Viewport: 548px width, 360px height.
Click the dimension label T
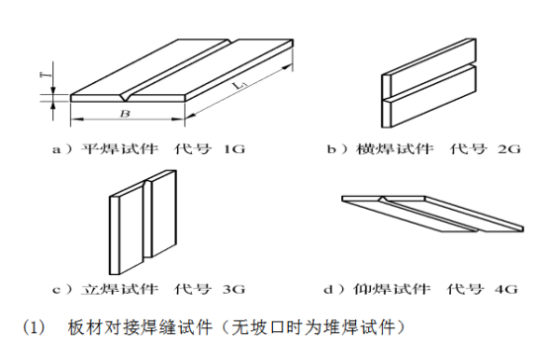(x=46, y=74)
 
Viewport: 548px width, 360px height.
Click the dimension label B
(x=125, y=114)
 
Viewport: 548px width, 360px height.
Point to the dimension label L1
(x=240, y=85)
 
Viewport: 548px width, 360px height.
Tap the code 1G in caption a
(x=233, y=149)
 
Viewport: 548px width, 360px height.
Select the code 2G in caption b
(x=509, y=149)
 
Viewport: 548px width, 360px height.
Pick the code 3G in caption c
(x=233, y=289)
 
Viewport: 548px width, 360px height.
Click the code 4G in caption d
(x=506, y=289)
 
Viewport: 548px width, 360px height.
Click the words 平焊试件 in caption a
(x=119, y=149)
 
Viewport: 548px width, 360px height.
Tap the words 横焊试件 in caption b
(x=395, y=149)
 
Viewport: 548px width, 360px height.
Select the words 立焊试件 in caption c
(x=119, y=289)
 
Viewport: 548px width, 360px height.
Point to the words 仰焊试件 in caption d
(x=392, y=289)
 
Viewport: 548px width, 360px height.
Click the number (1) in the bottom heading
(x=34, y=327)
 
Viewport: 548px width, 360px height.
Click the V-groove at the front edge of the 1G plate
(x=125, y=98)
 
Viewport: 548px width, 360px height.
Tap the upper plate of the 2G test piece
(x=429, y=67)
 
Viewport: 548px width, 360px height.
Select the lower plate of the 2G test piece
(x=429, y=97)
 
